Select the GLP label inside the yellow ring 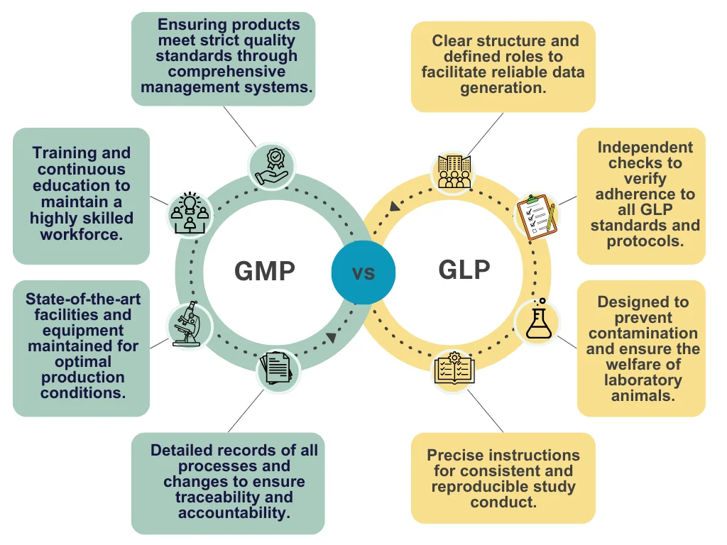click(x=464, y=270)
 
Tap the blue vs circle click(x=363, y=272)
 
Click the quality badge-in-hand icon click(x=270, y=166)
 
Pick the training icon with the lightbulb click(x=189, y=212)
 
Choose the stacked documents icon click(x=278, y=370)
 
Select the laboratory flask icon click(x=537, y=321)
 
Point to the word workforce click(x=81, y=234)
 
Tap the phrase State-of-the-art click(x=83, y=299)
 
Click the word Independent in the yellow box click(x=645, y=148)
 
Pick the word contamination click(x=643, y=334)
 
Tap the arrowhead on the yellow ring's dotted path click(x=395, y=207)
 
